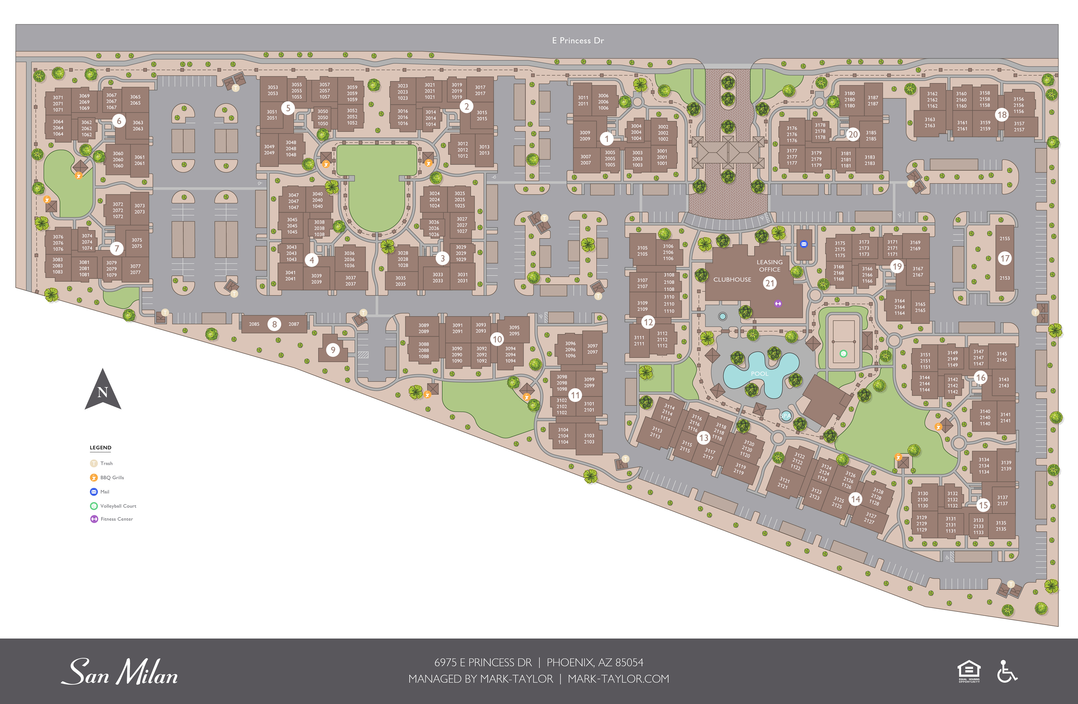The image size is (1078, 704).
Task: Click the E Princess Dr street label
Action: pyautogui.click(x=578, y=40)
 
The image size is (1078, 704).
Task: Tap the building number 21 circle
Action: pyautogui.click(x=770, y=283)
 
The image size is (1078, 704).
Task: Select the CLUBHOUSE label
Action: pyautogui.click(x=732, y=280)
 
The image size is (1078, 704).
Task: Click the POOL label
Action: pyautogui.click(x=760, y=373)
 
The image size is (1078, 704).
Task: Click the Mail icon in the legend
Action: pyautogui.click(x=94, y=492)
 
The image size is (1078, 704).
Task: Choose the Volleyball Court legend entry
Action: pyautogui.click(x=118, y=506)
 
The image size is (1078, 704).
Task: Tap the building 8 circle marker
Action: pyautogui.click(x=274, y=324)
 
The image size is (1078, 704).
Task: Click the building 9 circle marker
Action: pyautogui.click(x=333, y=350)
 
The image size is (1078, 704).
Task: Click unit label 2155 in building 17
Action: pyautogui.click(x=1005, y=238)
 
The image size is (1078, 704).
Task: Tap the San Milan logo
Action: pyautogui.click(x=120, y=672)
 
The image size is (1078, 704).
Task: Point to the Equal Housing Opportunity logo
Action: pyautogui.click(x=969, y=671)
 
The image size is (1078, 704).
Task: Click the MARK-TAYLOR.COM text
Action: pyautogui.click(x=618, y=679)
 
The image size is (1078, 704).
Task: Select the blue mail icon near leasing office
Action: pyautogui.click(x=804, y=244)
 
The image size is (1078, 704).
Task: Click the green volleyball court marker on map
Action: pyautogui.click(x=843, y=354)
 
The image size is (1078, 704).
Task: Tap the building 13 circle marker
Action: pyautogui.click(x=703, y=438)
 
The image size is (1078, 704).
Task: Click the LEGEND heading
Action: pyautogui.click(x=101, y=447)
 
